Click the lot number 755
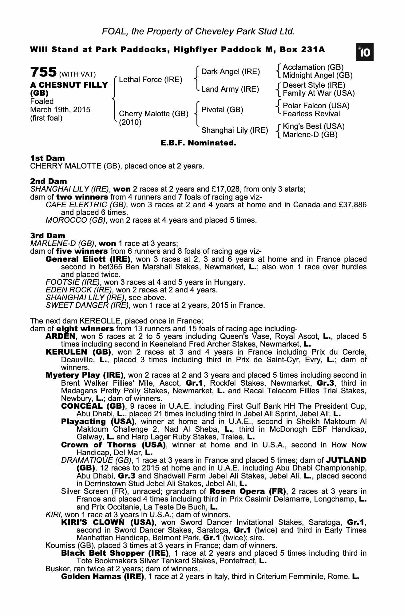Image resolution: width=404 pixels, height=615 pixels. pos(43,73)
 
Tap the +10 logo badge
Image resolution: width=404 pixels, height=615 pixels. pos(365,53)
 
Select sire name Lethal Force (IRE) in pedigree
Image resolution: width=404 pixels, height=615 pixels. pos(150,80)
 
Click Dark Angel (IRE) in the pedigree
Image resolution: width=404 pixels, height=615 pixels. pos(230,72)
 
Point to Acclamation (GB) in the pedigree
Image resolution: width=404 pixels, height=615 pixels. pos(313,67)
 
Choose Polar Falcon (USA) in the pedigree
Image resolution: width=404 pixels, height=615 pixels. pos(316,106)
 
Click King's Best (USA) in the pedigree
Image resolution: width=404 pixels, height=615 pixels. pos(314,126)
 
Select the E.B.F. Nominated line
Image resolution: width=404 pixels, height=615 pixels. pos(198,143)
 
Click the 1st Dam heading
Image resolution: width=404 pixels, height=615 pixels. pos(47,158)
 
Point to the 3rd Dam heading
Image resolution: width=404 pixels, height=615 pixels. pos(48,236)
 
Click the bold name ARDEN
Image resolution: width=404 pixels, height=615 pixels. pos(60,336)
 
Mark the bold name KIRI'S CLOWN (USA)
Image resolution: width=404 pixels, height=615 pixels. pos(108,522)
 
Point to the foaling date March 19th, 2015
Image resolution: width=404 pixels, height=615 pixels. pos(60,110)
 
